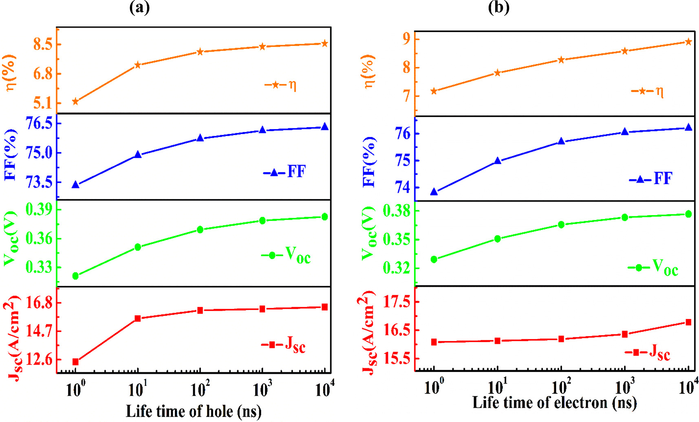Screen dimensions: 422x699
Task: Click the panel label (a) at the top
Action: [139, 7]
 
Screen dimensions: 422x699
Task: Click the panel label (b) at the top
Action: [498, 7]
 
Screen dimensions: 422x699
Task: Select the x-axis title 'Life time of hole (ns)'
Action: [194, 411]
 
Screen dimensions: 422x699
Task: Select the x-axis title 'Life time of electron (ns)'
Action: [554, 402]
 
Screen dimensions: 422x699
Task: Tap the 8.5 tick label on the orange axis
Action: [43, 44]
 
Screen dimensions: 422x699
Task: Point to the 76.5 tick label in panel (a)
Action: [39, 123]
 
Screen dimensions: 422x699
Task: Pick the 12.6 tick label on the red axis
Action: [39, 359]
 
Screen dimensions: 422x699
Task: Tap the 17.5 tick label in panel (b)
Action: [397, 302]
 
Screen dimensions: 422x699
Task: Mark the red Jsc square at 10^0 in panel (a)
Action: [75, 362]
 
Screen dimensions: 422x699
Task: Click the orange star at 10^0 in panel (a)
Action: [75, 101]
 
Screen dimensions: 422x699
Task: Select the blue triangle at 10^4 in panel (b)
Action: [688, 127]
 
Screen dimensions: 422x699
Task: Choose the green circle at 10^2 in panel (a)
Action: [200, 230]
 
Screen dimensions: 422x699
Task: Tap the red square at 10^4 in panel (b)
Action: [688, 322]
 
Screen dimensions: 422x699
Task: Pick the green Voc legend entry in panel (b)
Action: [653, 267]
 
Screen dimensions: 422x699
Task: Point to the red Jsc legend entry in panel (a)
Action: [284, 345]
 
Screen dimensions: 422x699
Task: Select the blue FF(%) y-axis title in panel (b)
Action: [369, 162]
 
